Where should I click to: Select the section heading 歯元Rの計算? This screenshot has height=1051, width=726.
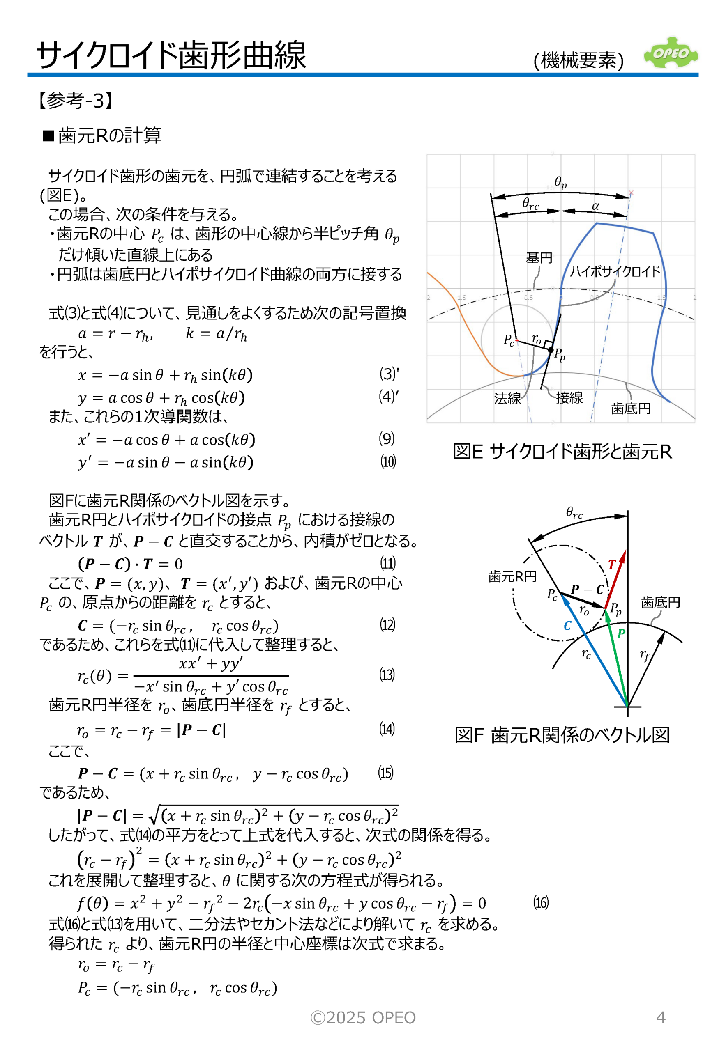tap(109, 135)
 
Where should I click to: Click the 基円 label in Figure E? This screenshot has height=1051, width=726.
tap(539, 258)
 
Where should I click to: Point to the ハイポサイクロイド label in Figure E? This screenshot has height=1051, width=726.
tap(615, 271)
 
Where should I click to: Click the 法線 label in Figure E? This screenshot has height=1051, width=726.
tap(507, 398)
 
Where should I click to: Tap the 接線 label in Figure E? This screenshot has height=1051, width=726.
tap(569, 398)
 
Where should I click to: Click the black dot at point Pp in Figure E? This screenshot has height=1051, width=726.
tap(551, 350)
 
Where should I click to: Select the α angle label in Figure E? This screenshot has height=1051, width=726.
tap(595, 206)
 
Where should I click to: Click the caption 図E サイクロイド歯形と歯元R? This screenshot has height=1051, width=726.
tap(562, 452)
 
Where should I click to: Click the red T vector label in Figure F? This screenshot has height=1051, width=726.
tap(612, 565)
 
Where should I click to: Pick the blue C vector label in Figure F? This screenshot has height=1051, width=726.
tap(567, 626)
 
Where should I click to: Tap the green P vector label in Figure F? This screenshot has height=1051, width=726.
tap(621, 633)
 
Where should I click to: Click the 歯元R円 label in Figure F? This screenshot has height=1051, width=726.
tap(512, 576)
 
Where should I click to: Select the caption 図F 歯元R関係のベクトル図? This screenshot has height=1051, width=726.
tap(562, 734)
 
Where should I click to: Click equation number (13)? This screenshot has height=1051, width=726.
tap(387, 674)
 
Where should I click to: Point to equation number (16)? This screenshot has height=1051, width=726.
tap(540, 902)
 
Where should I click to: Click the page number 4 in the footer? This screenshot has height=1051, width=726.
tap(661, 1017)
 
